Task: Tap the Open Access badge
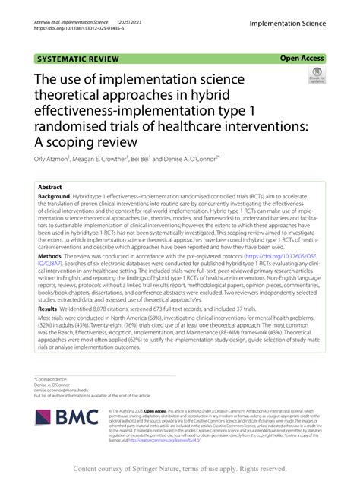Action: point(302,58)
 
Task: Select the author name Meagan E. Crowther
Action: point(102,160)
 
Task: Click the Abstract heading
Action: point(50,186)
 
